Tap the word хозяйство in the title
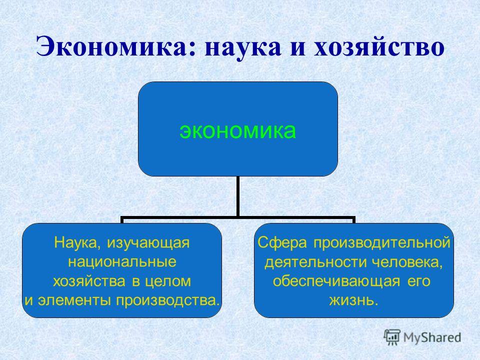(x=379, y=47)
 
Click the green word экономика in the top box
(x=237, y=130)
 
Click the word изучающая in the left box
(x=148, y=243)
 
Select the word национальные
(x=122, y=262)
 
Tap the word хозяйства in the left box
(x=89, y=281)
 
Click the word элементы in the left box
(x=74, y=300)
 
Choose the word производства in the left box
(x=167, y=300)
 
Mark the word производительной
(x=381, y=243)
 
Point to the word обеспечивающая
(x=336, y=281)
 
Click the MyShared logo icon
(x=392, y=337)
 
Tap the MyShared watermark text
(x=432, y=337)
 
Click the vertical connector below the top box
(x=237, y=196)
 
